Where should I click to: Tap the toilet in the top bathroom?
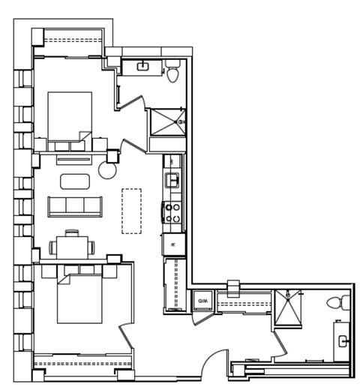click(x=174, y=73)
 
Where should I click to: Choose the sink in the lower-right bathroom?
click(x=343, y=342)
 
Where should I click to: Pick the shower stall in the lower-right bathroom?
click(x=287, y=308)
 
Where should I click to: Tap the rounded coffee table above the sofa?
click(x=73, y=181)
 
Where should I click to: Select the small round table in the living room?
click(x=108, y=171)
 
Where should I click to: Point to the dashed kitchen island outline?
click(x=132, y=211)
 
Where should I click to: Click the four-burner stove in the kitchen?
click(x=172, y=212)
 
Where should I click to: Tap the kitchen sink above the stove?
click(x=172, y=180)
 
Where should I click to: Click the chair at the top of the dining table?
click(x=72, y=232)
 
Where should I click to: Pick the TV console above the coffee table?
click(x=73, y=159)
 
